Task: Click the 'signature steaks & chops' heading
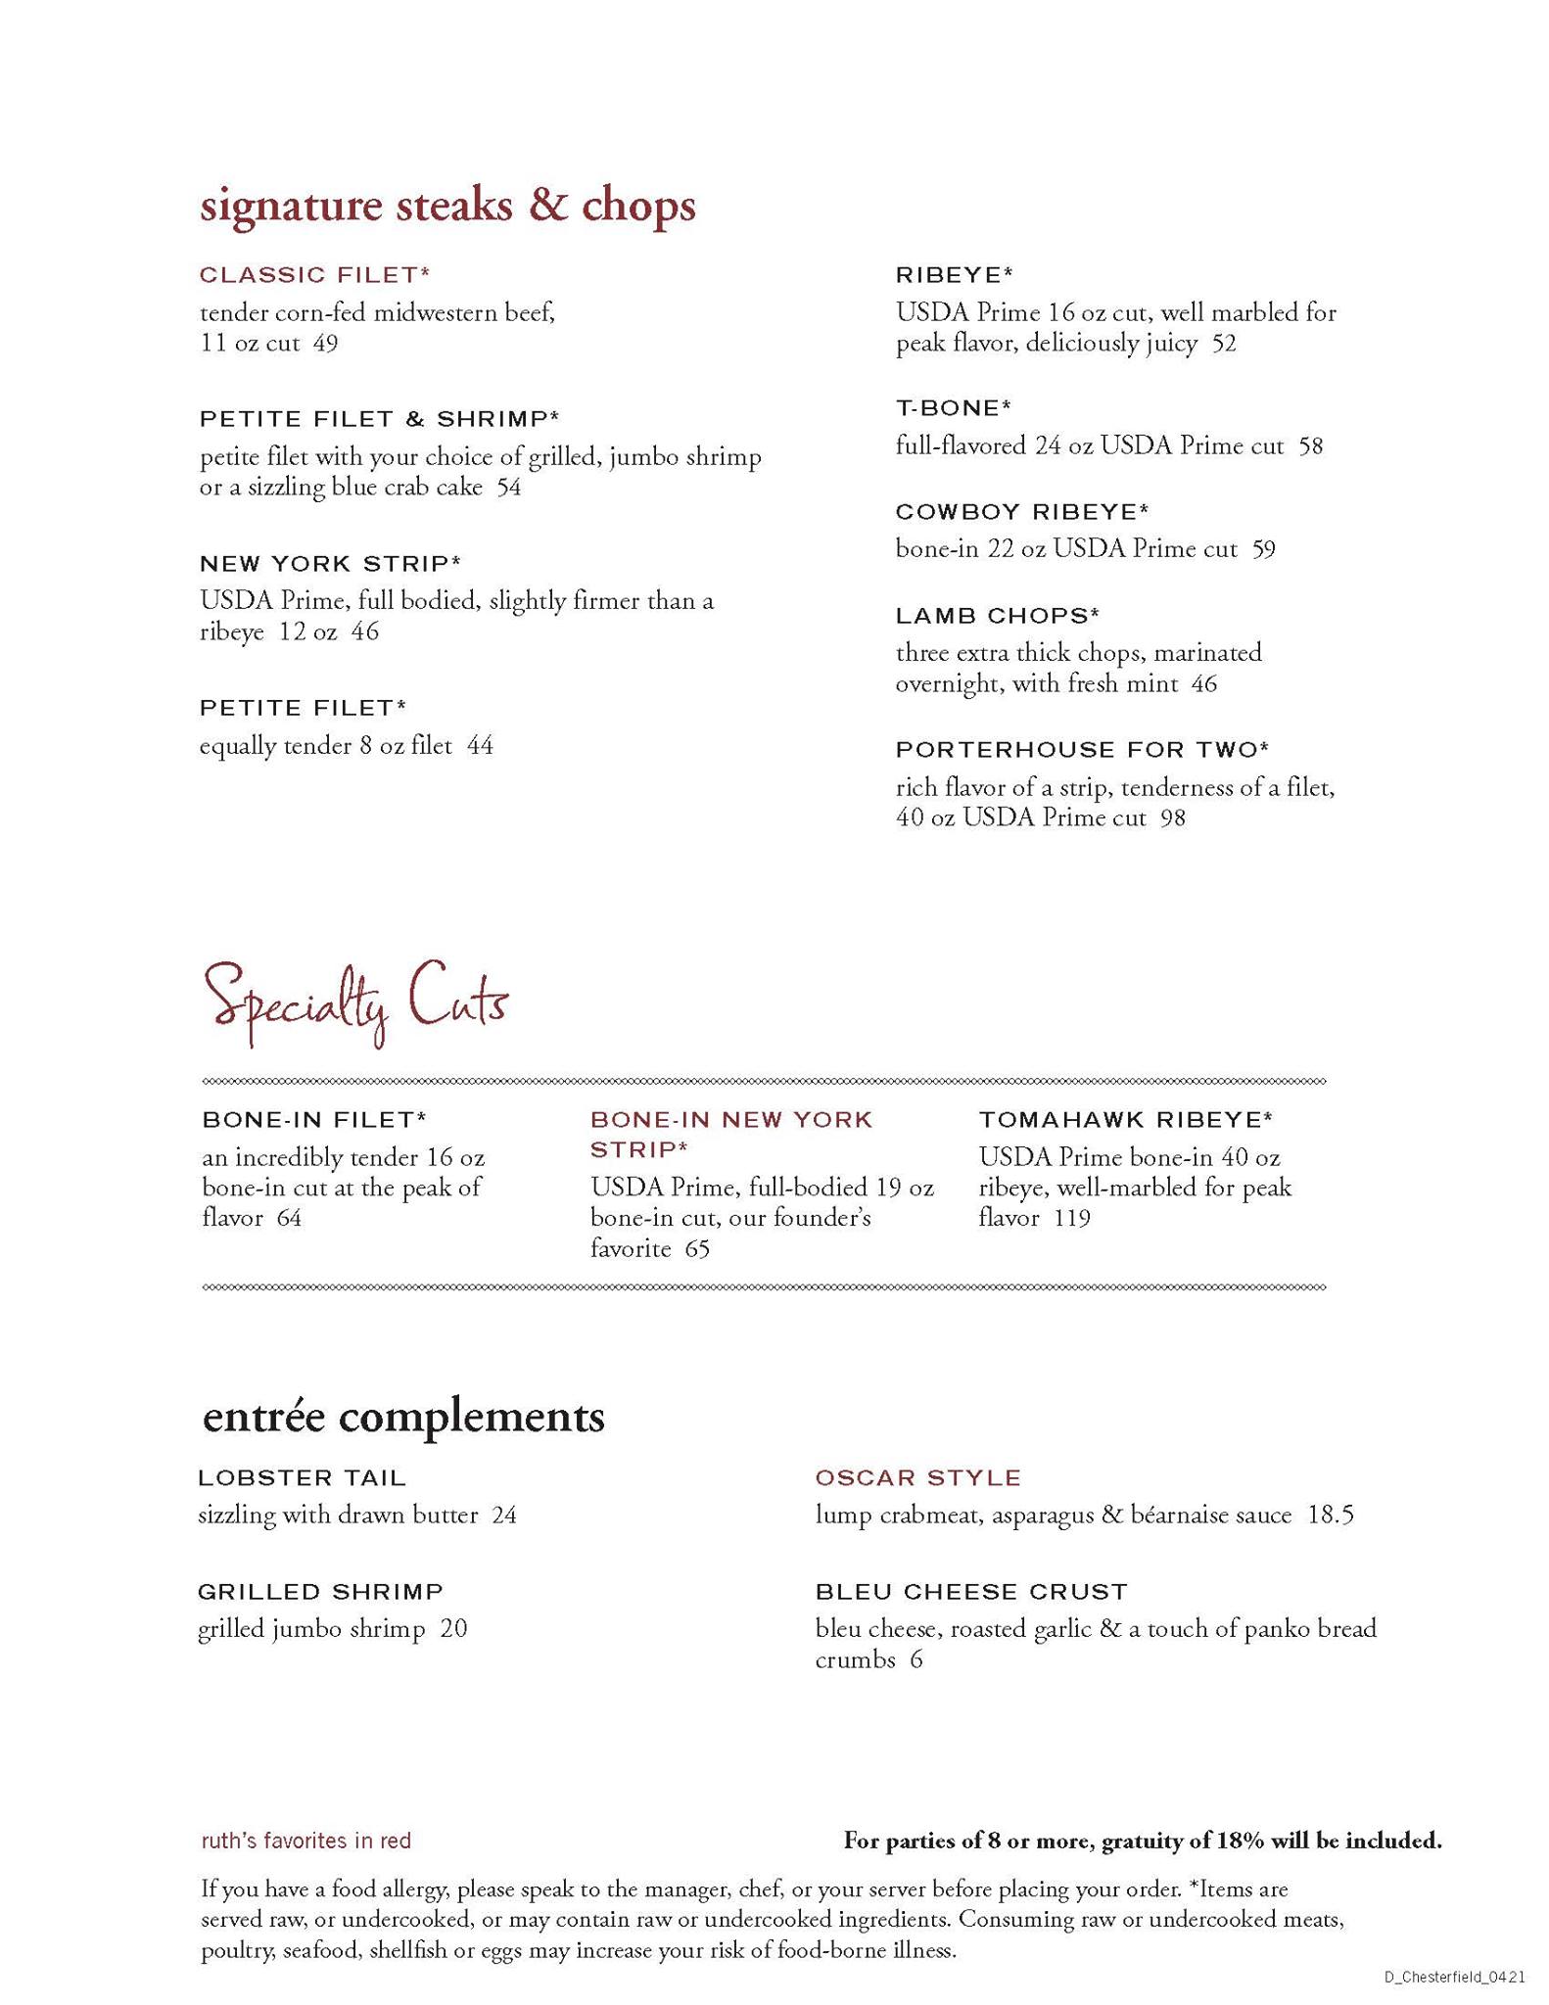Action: click(x=447, y=207)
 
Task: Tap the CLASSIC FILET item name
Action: click(x=314, y=275)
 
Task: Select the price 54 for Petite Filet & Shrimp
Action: click(x=509, y=488)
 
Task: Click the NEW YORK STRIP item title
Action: click(x=330, y=564)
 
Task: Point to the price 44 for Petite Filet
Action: click(x=480, y=746)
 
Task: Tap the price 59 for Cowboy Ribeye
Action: click(x=1264, y=549)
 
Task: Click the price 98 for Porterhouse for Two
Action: click(x=1173, y=817)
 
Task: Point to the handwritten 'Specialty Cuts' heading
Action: click(x=356, y=1002)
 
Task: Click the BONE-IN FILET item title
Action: click(x=314, y=1119)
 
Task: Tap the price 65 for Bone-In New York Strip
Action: click(x=697, y=1249)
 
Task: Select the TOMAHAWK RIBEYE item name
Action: click(x=1125, y=1119)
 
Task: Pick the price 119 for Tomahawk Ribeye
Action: click(x=1072, y=1219)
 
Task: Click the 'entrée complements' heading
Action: click(x=403, y=1417)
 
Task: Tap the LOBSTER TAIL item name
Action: click(x=302, y=1477)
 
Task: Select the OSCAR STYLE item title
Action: click(x=917, y=1477)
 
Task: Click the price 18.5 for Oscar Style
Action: click(x=1331, y=1515)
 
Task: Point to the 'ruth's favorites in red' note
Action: click(x=305, y=1841)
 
